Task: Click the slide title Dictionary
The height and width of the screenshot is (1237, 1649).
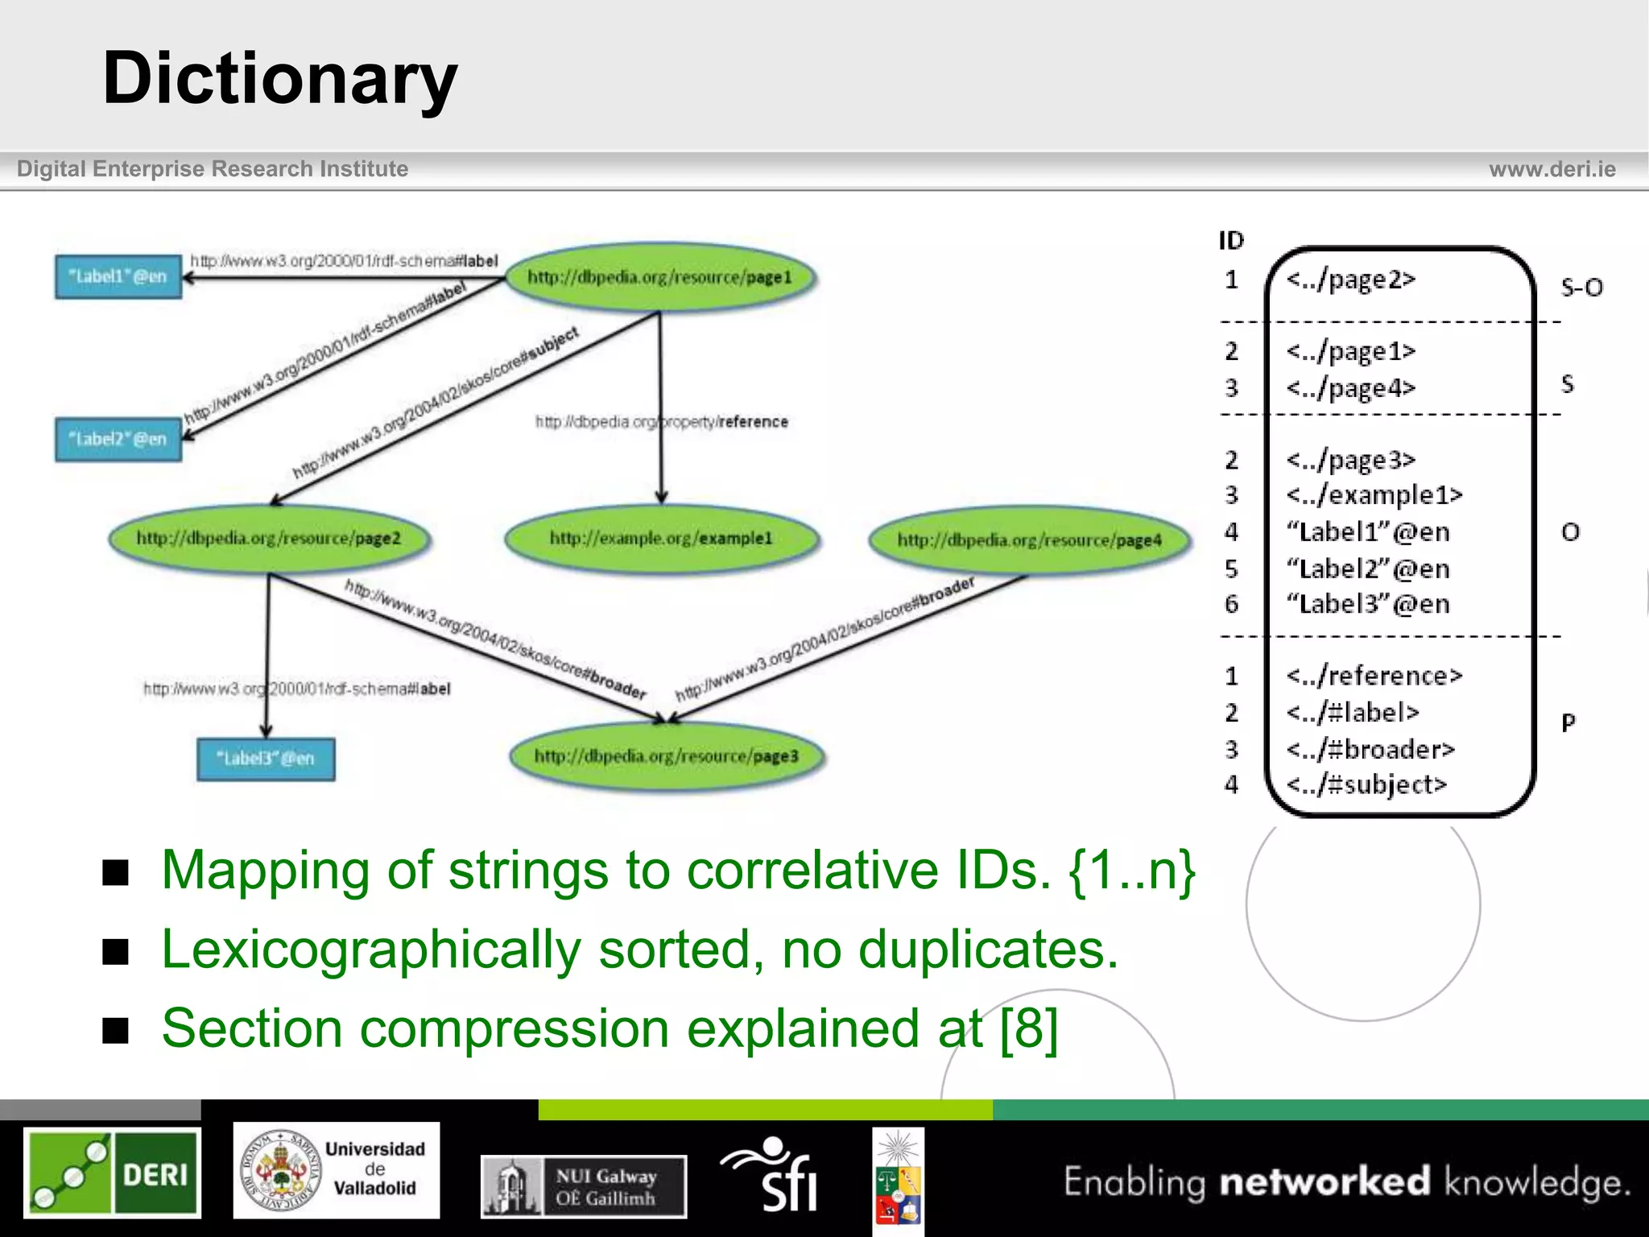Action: click(279, 78)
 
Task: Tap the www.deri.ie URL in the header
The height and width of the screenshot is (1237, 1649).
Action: click(1552, 169)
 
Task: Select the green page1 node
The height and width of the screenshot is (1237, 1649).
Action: click(659, 277)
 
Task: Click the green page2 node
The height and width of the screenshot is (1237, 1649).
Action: click(269, 538)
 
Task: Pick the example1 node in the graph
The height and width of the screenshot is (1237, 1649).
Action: click(661, 538)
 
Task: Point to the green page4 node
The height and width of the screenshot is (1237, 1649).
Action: click(1029, 540)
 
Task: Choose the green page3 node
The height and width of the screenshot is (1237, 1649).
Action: click(667, 756)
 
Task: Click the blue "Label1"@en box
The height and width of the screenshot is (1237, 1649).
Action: click(118, 276)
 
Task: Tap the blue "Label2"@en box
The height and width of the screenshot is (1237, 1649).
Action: click(118, 439)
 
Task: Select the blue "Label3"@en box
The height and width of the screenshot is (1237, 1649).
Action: click(266, 759)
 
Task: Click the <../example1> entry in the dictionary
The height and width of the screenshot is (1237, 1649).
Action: click(1374, 494)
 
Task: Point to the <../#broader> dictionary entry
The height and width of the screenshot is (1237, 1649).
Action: click(1370, 750)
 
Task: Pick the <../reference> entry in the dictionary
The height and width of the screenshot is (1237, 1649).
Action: click(1374, 676)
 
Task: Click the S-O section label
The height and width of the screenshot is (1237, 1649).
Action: click(1581, 288)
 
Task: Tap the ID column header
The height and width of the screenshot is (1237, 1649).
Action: click(1231, 241)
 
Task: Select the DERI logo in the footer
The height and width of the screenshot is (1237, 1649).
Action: click(112, 1173)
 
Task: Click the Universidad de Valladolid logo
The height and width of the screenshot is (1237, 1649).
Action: click(337, 1170)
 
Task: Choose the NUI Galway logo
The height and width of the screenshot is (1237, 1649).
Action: click(584, 1186)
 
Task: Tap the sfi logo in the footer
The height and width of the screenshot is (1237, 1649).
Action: click(771, 1174)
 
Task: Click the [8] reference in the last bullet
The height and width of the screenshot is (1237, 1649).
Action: click(1028, 1028)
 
